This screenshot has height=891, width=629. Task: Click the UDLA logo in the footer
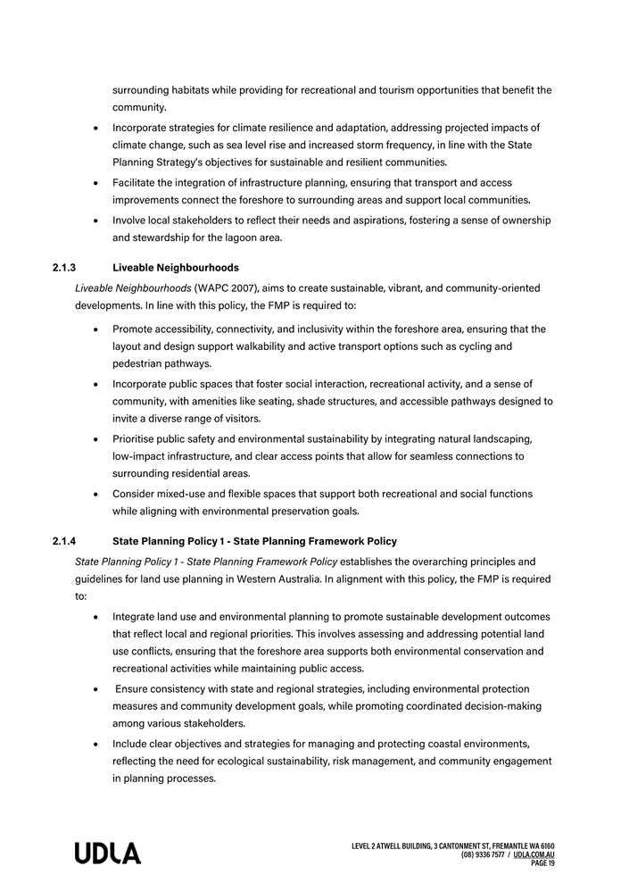(107, 853)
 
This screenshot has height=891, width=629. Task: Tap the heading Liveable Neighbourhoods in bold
(176, 268)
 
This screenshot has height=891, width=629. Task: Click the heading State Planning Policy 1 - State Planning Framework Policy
(254, 541)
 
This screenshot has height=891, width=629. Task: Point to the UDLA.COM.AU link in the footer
(534, 854)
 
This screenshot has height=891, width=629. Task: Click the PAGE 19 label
(542, 863)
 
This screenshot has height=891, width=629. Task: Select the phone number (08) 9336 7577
(483, 854)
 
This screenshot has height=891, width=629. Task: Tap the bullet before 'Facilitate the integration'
(95, 183)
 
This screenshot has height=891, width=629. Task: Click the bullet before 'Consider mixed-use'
(95, 494)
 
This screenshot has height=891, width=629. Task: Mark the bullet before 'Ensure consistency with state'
(95, 689)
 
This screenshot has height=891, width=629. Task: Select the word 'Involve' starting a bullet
(130, 220)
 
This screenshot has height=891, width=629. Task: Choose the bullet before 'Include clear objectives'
(95, 744)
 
